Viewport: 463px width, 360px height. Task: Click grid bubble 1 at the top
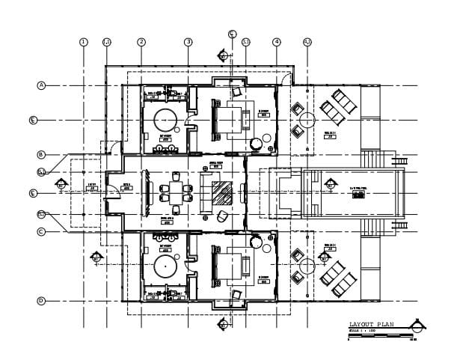84,42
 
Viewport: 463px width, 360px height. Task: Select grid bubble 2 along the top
141,42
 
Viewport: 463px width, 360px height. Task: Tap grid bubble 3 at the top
188,42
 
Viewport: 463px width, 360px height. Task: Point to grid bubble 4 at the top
277,42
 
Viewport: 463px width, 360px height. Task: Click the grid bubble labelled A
42,86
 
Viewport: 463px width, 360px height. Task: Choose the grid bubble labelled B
42,155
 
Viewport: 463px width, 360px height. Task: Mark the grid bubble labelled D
42,301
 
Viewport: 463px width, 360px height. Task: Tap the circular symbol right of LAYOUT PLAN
420,326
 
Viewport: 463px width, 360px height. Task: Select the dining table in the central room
176,189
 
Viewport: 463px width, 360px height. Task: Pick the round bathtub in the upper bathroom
165,120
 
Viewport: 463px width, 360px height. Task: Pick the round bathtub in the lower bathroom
165,266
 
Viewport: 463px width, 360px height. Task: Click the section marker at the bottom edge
222,325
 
